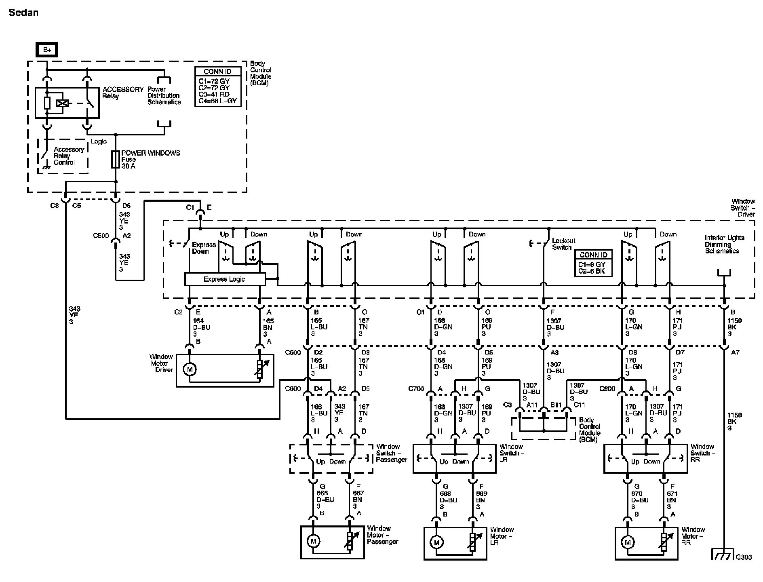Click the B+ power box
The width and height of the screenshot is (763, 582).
[46, 50]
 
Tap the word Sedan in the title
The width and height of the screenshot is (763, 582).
[23, 13]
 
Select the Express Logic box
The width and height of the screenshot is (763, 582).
[224, 279]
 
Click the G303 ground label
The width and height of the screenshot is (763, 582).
[744, 557]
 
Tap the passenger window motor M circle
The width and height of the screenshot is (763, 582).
[313, 541]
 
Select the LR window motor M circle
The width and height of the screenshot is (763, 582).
[436, 542]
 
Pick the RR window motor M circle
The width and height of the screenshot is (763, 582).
[627, 542]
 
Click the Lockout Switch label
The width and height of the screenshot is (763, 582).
[563, 244]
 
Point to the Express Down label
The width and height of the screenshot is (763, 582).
[204, 248]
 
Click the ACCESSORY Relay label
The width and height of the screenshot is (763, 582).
[123, 93]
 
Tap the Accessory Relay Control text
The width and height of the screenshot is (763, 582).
[69, 156]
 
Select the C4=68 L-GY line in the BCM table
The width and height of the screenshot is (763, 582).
[218, 100]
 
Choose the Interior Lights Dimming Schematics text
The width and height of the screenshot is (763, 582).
[724, 245]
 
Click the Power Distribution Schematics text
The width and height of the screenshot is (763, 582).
[164, 96]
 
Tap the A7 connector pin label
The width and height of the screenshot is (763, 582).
[735, 352]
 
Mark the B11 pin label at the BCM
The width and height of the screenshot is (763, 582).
[556, 405]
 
